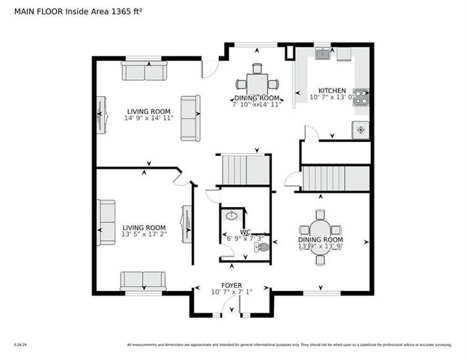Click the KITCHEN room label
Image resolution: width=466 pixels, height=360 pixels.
pyautogui.click(x=331, y=88)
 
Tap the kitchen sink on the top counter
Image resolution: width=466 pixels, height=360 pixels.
pyautogui.click(x=322, y=53)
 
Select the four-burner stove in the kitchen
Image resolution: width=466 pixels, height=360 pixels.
pyautogui.click(x=360, y=97)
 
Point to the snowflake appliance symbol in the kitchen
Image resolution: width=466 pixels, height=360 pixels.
pyautogui.click(x=360, y=130)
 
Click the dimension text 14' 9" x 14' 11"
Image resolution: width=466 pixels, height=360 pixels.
pyautogui.click(x=148, y=118)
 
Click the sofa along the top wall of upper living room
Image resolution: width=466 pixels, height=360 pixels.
pyautogui.click(x=144, y=71)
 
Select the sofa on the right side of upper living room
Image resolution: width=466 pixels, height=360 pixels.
pyautogui.click(x=190, y=118)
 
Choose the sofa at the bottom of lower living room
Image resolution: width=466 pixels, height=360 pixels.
pyautogui.click(x=143, y=280)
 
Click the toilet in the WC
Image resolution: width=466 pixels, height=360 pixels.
pyautogui.click(x=260, y=247)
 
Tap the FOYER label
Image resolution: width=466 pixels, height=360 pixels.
pyautogui.click(x=231, y=286)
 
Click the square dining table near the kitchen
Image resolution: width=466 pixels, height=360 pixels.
pyautogui.click(x=257, y=82)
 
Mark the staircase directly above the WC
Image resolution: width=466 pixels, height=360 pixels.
pyautogui.click(x=244, y=169)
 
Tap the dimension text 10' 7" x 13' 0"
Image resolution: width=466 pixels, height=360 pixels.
pyautogui.click(x=331, y=97)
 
